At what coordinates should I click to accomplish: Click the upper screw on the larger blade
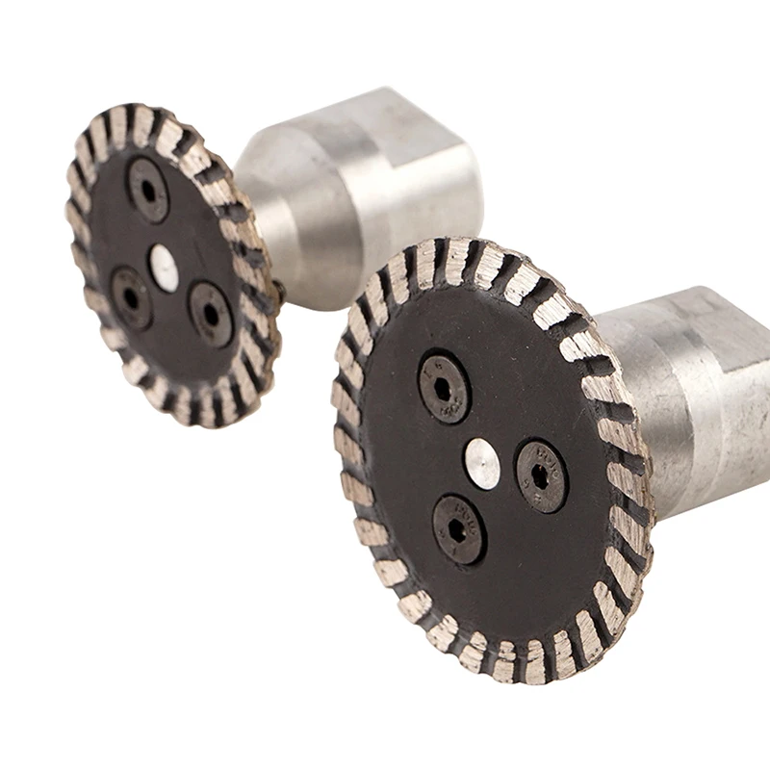[444, 389]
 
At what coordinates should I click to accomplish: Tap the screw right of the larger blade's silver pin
[541, 475]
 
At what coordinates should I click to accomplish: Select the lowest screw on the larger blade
[458, 528]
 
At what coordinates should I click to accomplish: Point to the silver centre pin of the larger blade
[482, 463]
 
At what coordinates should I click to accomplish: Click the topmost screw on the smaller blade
[148, 190]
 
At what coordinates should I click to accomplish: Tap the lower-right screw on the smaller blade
[210, 312]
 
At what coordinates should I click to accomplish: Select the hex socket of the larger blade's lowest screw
[458, 528]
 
